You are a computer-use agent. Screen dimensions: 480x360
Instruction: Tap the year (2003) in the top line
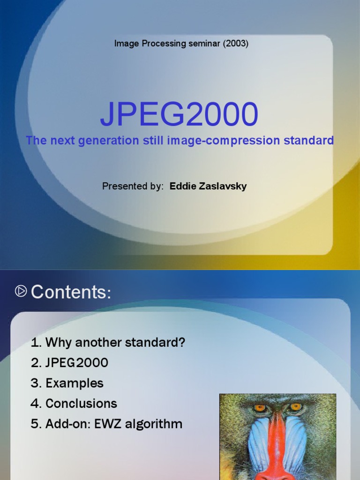235,44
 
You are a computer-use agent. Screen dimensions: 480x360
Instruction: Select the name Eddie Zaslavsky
208,186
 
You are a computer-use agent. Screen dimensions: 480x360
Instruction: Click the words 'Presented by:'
133,186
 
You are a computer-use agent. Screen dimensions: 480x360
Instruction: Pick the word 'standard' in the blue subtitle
312,140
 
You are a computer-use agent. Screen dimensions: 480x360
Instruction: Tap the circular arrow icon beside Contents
21,292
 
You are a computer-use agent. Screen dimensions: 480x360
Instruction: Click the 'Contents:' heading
71,292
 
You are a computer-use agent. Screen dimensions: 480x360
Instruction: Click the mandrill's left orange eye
260,408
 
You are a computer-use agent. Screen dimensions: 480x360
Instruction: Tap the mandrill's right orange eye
295,407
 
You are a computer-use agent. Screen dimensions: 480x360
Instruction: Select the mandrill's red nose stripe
277,445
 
